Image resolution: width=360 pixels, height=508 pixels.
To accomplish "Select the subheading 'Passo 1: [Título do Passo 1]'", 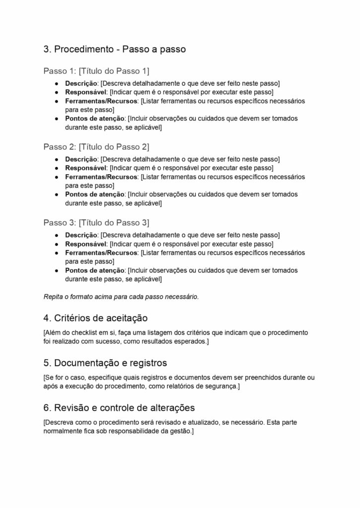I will click(96, 70).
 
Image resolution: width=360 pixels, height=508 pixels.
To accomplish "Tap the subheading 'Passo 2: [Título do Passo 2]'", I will click(96, 146).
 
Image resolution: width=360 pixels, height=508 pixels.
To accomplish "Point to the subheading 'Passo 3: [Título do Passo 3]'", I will click(96, 222).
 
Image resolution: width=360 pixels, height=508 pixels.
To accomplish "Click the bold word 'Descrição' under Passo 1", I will click(82, 83).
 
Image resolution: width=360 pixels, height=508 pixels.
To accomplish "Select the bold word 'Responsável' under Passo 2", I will click(86, 168).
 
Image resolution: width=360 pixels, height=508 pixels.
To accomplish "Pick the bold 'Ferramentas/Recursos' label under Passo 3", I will click(101, 253).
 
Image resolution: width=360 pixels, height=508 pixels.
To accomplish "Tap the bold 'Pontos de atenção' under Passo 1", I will click(95, 119).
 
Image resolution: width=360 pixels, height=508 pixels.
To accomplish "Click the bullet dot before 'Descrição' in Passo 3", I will click(58, 235).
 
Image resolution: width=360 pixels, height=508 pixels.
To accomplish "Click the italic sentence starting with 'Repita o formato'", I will click(121, 297).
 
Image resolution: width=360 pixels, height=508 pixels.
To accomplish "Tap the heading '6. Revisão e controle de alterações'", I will click(119, 408).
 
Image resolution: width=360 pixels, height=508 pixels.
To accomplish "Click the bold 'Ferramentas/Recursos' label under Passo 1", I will click(101, 101).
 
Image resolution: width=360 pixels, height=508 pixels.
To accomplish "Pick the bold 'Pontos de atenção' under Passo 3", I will click(95, 271).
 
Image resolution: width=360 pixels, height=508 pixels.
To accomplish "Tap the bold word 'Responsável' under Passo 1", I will click(86, 92).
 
